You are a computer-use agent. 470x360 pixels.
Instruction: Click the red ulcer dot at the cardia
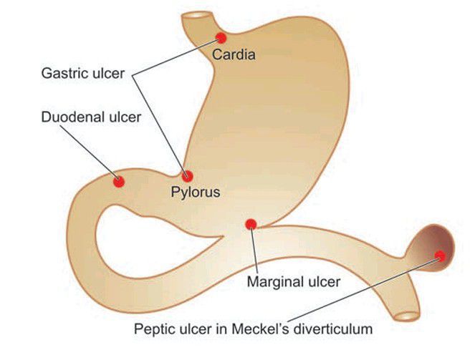(x=221, y=37)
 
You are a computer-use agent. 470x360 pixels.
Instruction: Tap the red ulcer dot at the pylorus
(x=188, y=176)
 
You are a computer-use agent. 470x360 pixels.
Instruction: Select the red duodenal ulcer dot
(x=119, y=182)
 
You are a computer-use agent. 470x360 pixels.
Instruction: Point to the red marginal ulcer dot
(x=251, y=225)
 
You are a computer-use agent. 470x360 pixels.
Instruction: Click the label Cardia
(x=234, y=54)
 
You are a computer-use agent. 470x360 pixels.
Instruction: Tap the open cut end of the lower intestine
(x=408, y=316)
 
